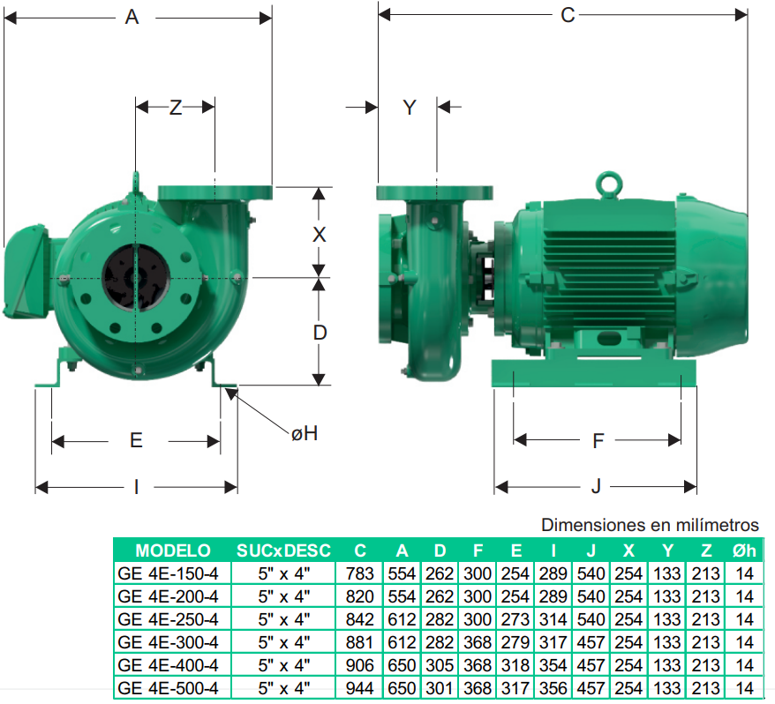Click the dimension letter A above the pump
click(x=132, y=18)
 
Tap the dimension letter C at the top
click(x=568, y=15)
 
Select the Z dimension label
click(x=176, y=108)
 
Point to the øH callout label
click(x=305, y=433)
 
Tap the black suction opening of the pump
click(x=136, y=277)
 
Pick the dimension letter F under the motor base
click(x=598, y=441)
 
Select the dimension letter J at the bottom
click(x=596, y=487)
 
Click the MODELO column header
click(x=173, y=550)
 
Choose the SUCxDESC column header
click(x=283, y=550)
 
